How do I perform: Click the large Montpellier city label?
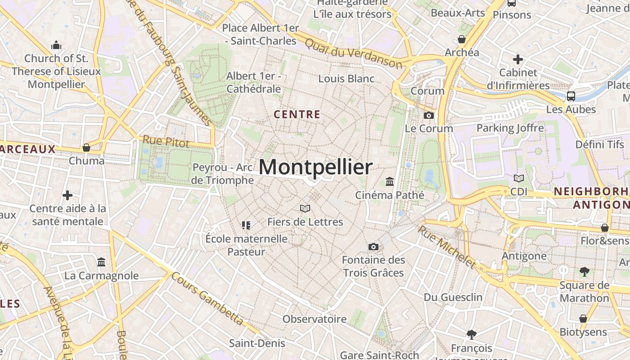pos(315,167)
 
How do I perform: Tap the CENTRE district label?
pos(297,115)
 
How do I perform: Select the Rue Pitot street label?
pos(166,142)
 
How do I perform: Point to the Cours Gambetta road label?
pos(208,299)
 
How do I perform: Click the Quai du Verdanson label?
pos(353,53)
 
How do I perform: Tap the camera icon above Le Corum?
pos(428,116)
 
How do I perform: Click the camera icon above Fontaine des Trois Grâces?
pos(373,247)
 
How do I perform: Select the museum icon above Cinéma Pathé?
pos(390,182)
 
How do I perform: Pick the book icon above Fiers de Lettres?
pos(305,208)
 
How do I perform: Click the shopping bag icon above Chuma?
pos(86,148)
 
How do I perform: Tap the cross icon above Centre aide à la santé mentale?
pos(67,195)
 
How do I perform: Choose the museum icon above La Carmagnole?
pos(101,262)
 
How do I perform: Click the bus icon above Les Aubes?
pos(571,96)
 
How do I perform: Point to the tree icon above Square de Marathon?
pos(585,271)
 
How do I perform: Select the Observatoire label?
pos(315,319)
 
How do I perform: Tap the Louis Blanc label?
pos(346,79)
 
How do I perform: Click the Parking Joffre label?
pos(510,128)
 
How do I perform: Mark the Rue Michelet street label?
pos(446,246)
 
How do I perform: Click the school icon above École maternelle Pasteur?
pos(246,225)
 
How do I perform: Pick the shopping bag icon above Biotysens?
pos(583,319)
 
